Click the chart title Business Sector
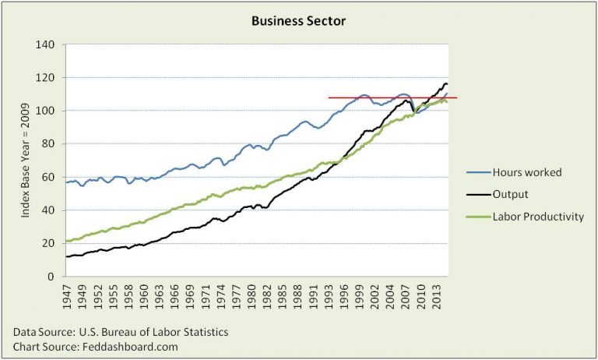299,21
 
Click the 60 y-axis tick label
55,177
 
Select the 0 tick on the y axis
58,276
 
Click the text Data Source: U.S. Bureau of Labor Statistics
120,332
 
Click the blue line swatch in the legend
477,173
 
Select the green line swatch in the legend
477,217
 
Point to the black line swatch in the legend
477,195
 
